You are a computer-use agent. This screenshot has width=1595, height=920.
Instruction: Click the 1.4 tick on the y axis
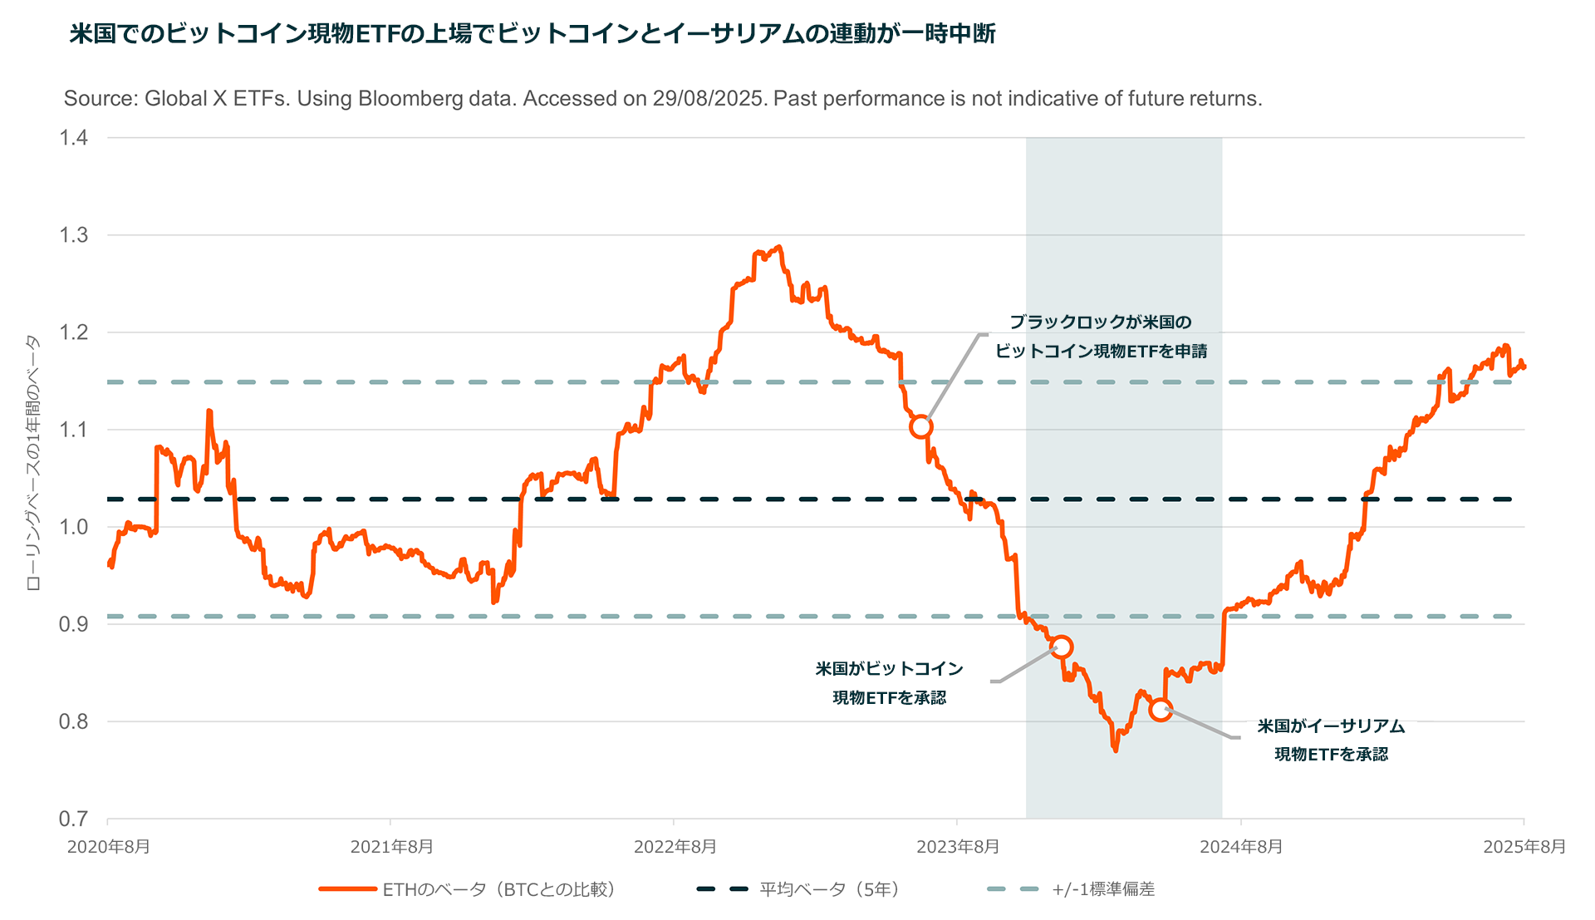(74, 138)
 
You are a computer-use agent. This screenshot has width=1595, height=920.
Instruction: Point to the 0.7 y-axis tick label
(74, 819)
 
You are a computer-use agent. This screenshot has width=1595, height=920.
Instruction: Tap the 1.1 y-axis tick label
(74, 430)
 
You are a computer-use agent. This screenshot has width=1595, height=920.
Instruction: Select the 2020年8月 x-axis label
(109, 847)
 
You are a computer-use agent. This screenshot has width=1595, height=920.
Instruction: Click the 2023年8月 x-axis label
(958, 847)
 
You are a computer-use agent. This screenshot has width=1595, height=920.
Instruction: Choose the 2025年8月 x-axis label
(1524, 847)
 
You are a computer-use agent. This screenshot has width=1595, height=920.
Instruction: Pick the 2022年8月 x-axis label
(675, 847)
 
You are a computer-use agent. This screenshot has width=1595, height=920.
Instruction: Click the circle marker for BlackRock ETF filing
(920, 427)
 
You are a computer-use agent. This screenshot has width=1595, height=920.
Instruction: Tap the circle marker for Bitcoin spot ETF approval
(1061, 647)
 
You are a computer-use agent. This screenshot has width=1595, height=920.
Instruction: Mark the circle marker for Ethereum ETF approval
(1161, 710)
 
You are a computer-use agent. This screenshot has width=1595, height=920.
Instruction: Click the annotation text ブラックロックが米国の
(1101, 322)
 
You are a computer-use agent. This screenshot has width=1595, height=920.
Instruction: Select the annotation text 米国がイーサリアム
(1331, 726)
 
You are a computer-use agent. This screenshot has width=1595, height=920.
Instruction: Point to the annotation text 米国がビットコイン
(889, 669)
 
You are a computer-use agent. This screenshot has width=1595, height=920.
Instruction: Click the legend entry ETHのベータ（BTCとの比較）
(498, 889)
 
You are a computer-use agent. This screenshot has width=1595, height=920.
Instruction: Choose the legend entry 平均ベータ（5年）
(829, 889)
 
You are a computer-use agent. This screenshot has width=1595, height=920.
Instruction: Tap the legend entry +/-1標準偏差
(1102, 889)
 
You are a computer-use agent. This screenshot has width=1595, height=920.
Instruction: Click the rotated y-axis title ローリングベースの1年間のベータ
(33, 462)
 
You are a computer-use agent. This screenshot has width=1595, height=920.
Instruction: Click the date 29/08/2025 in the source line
(708, 99)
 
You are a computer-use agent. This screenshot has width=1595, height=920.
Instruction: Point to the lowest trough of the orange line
(1115, 750)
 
